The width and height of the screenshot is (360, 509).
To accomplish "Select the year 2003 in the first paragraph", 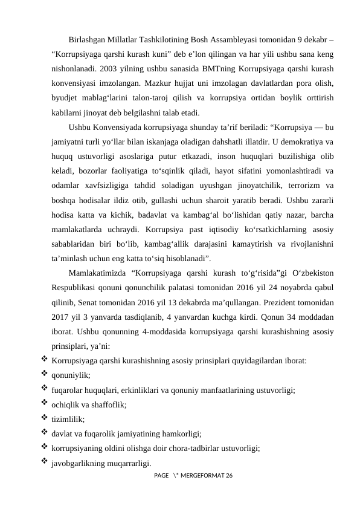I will click(114, 68).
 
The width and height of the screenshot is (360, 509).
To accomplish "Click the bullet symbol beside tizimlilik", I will click(43, 418).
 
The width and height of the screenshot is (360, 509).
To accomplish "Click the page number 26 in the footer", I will click(228, 476).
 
